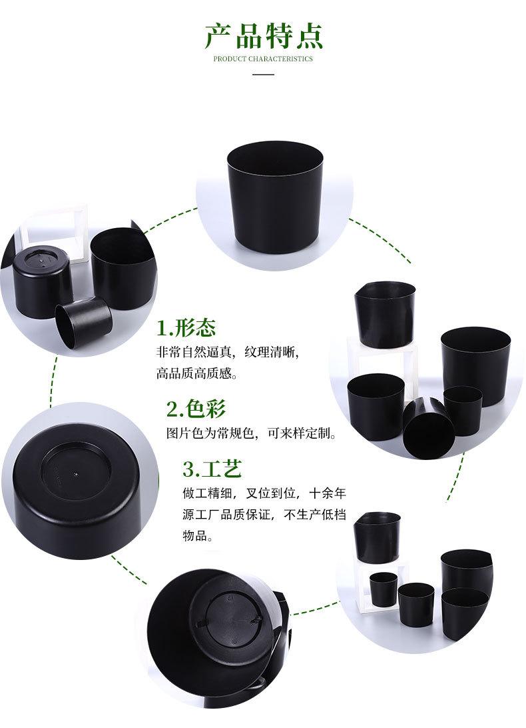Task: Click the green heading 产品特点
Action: (263, 36)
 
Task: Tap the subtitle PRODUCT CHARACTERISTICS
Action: (263, 59)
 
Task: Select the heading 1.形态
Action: (186, 328)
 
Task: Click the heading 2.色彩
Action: (196, 409)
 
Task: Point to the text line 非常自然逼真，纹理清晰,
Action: (228, 351)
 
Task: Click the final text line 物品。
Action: (198, 536)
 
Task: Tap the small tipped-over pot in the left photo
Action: (83, 323)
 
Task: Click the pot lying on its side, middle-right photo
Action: (425, 427)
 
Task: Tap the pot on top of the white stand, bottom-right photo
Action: (378, 535)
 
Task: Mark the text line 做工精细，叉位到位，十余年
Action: (264, 493)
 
